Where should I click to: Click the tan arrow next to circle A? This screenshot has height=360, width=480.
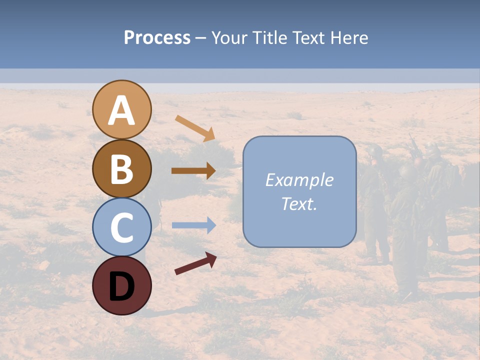pyautogui.click(x=195, y=127)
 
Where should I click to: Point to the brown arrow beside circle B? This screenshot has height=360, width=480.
pyautogui.click(x=193, y=170)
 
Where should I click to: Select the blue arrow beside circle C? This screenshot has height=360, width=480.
pyautogui.click(x=193, y=225)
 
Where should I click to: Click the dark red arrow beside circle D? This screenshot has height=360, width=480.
pyautogui.click(x=195, y=263)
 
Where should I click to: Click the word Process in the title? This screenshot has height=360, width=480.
pyautogui.click(x=157, y=38)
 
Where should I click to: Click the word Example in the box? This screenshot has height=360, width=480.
pyautogui.click(x=299, y=180)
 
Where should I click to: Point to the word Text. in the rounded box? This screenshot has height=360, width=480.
pyautogui.click(x=299, y=203)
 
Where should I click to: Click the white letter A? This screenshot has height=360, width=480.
pyautogui.click(x=122, y=110)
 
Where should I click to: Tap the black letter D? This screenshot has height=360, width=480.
pyautogui.click(x=122, y=286)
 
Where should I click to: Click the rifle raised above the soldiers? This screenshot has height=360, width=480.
pyautogui.click(x=414, y=145)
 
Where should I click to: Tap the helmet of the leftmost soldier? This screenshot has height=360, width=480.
pyautogui.click(x=374, y=151)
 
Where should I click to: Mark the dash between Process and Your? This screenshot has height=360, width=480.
pyautogui.click(x=200, y=38)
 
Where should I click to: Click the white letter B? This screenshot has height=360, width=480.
pyautogui.click(x=122, y=169)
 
